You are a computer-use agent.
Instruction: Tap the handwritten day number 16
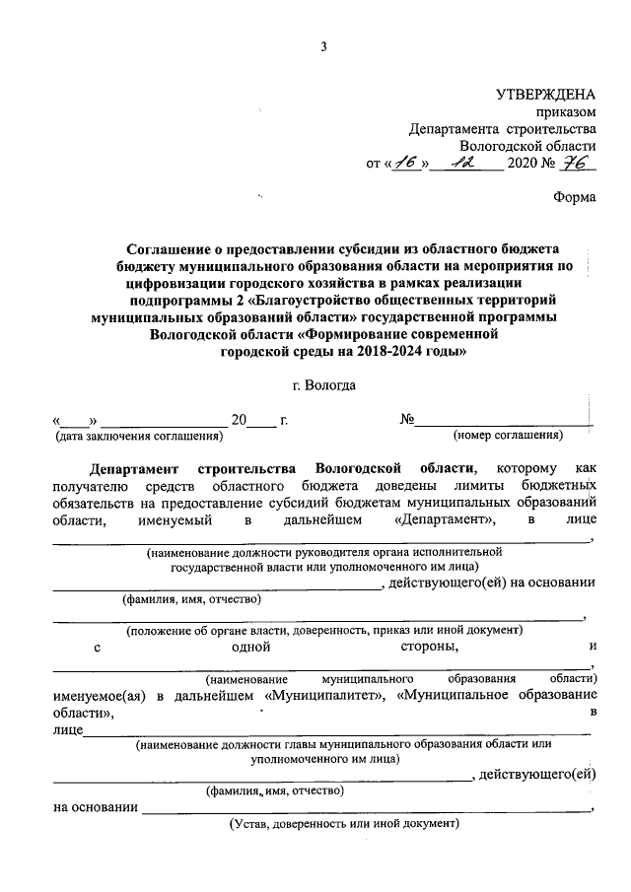pos(405,162)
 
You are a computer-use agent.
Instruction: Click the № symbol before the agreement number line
pos(406,419)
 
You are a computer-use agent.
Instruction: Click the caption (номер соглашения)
pos(508,435)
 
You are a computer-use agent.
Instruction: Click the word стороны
pos(428,647)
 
